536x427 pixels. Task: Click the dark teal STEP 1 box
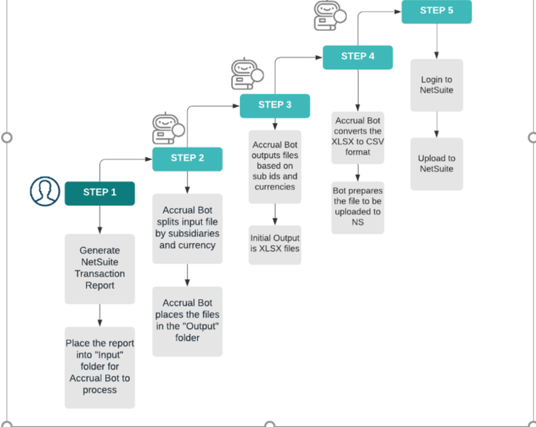(100, 193)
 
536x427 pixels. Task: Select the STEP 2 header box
(187, 159)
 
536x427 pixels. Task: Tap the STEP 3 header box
(275, 106)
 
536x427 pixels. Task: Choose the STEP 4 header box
(358, 57)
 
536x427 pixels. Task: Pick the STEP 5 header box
(437, 12)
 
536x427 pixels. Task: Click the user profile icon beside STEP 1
(45, 191)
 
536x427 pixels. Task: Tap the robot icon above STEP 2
(168, 128)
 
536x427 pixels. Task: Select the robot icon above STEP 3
(247, 74)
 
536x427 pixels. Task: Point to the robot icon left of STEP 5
(330, 15)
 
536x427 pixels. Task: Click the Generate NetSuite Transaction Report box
(100, 269)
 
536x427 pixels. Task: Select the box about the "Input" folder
(100, 368)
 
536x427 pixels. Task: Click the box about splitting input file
(187, 229)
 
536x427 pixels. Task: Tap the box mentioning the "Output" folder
(187, 322)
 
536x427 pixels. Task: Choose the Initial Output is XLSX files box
(275, 245)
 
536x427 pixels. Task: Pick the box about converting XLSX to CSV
(358, 138)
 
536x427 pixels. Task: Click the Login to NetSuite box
(437, 85)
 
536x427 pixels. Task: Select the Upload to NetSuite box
(437, 164)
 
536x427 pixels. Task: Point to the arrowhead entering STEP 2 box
(149, 159)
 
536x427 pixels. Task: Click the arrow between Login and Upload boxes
(437, 124)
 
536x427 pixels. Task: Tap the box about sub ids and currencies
(275, 167)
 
